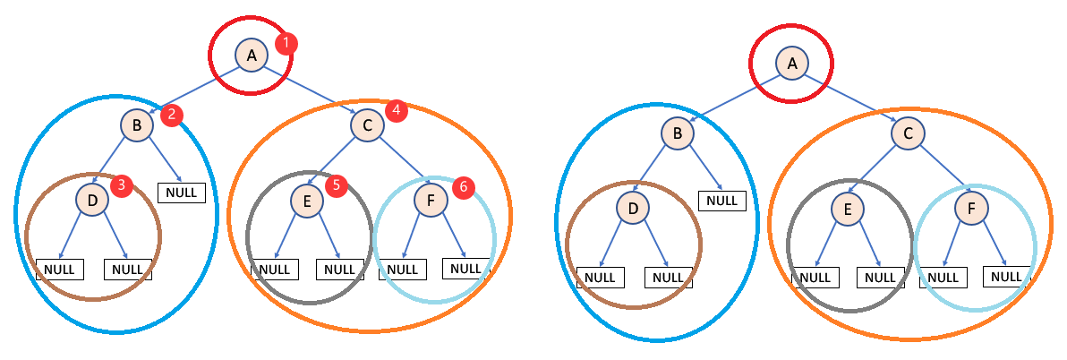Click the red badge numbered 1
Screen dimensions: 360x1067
(286, 42)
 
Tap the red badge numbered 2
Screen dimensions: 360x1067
(171, 114)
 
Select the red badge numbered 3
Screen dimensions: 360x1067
(123, 185)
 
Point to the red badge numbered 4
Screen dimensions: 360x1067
(396, 109)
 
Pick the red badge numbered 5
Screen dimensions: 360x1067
(337, 185)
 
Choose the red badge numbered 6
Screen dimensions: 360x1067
(462, 187)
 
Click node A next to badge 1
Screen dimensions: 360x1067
(252, 56)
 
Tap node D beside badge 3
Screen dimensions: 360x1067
(92, 201)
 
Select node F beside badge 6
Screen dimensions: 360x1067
(431, 201)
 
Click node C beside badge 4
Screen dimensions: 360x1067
(366, 126)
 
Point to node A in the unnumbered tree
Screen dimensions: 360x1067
(792, 64)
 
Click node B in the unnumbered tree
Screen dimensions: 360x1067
(678, 134)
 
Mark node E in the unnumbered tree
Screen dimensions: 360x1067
(846, 210)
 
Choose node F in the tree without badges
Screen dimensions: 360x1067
(971, 210)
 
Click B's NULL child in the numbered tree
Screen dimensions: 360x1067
(182, 192)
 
